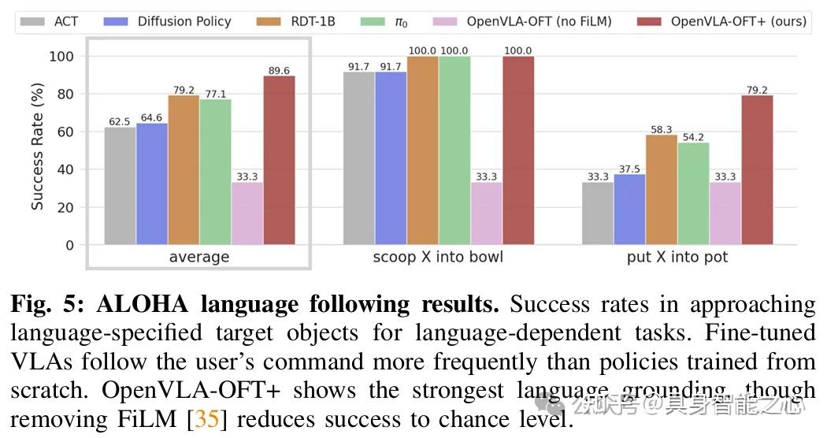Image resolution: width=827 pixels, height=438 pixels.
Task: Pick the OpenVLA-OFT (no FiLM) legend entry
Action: tap(527, 21)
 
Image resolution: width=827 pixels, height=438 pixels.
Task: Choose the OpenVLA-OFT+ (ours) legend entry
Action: tap(725, 21)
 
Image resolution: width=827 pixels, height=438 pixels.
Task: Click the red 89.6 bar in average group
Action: tap(279, 161)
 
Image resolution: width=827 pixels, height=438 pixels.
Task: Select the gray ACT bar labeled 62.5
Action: tap(120, 186)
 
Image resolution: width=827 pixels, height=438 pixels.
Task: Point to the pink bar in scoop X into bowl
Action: tap(486, 213)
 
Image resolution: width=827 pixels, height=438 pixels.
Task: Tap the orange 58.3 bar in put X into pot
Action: tap(661, 190)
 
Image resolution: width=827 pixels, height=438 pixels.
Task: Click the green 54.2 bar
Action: tap(693, 194)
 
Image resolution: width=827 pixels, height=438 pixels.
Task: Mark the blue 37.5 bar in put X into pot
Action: tap(629, 210)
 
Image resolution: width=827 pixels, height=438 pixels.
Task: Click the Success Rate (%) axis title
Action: tap(37, 150)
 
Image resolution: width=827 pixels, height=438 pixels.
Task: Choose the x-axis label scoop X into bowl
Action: tap(438, 258)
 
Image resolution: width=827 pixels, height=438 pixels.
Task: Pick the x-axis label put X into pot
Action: tap(677, 258)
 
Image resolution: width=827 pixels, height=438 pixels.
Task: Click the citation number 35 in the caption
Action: tap(206, 418)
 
